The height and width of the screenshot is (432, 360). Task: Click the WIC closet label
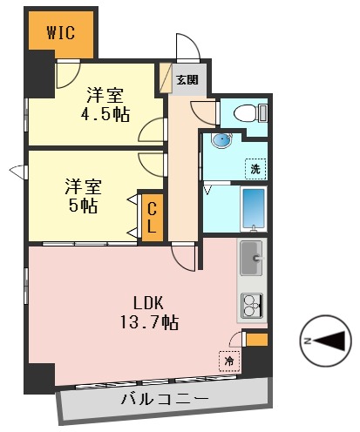pyautogui.click(x=60, y=34)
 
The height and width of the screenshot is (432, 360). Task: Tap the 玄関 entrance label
pyautogui.click(x=187, y=79)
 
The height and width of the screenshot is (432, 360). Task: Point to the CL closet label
pyautogui.click(x=151, y=217)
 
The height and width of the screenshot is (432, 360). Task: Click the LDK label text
pyautogui.click(x=148, y=303)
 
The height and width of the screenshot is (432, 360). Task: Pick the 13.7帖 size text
pyautogui.click(x=149, y=323)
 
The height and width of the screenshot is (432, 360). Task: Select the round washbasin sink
pyautogui.click(x=221, y=140)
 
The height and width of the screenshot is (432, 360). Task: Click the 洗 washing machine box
pyautogui.click(x=255, y=167)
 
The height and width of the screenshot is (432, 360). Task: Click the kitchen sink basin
pyautogui.click(x=251, y=256)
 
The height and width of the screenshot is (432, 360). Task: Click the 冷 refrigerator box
pyautogui.click(x=228, y=360)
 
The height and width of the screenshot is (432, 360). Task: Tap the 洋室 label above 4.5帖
pyautogui.click(x=105, y=94)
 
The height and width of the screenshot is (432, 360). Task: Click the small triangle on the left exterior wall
pyautogui.click(x=14, y=168)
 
